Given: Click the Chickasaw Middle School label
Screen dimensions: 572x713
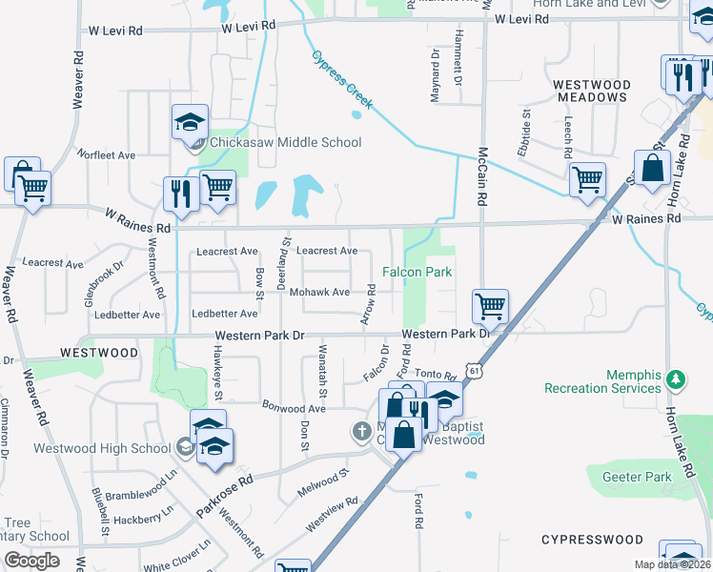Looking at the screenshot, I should click(286, 143).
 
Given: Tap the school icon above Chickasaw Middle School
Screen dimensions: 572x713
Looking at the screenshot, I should click(190, 123).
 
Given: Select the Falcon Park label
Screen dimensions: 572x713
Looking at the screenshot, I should click(417, 273).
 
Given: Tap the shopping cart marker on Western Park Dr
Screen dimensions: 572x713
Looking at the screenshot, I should click(490, 308).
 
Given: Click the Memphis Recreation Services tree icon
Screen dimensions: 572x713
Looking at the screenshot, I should click(676, 379).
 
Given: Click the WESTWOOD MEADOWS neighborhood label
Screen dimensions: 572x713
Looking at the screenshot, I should click(592, 92).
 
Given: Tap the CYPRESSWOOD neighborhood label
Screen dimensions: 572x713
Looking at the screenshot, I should click(592, 540).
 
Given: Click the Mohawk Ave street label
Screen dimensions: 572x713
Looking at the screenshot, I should click(319, 292).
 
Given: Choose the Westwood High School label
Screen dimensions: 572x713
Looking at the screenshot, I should click(101, 448).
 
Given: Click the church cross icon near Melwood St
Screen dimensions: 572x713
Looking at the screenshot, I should click(362, 431).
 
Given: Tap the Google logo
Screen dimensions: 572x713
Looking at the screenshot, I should click(31, 561).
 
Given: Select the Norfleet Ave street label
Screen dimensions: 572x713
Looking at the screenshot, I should click(107, 154).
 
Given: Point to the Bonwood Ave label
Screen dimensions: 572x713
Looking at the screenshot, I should click(295, 407).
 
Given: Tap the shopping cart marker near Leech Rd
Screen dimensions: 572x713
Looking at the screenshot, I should click(587, 179).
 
